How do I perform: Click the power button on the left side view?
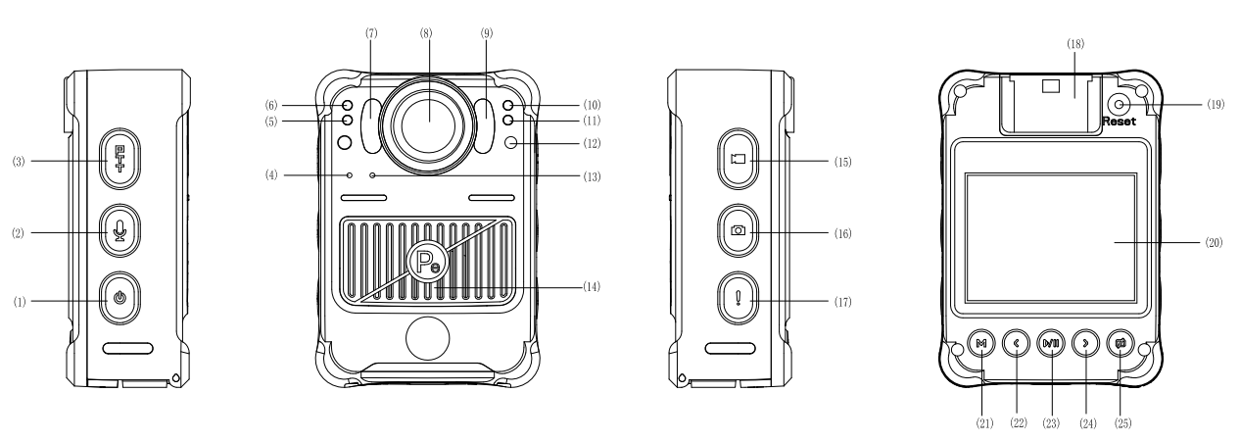coord(119,295)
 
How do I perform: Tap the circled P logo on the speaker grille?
coord(425,263)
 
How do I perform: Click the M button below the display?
coord(980,343)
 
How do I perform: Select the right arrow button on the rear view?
coord(1085,343)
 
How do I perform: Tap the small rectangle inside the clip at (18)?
coord(1053,85)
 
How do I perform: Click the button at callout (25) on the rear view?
coord(1121,343)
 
